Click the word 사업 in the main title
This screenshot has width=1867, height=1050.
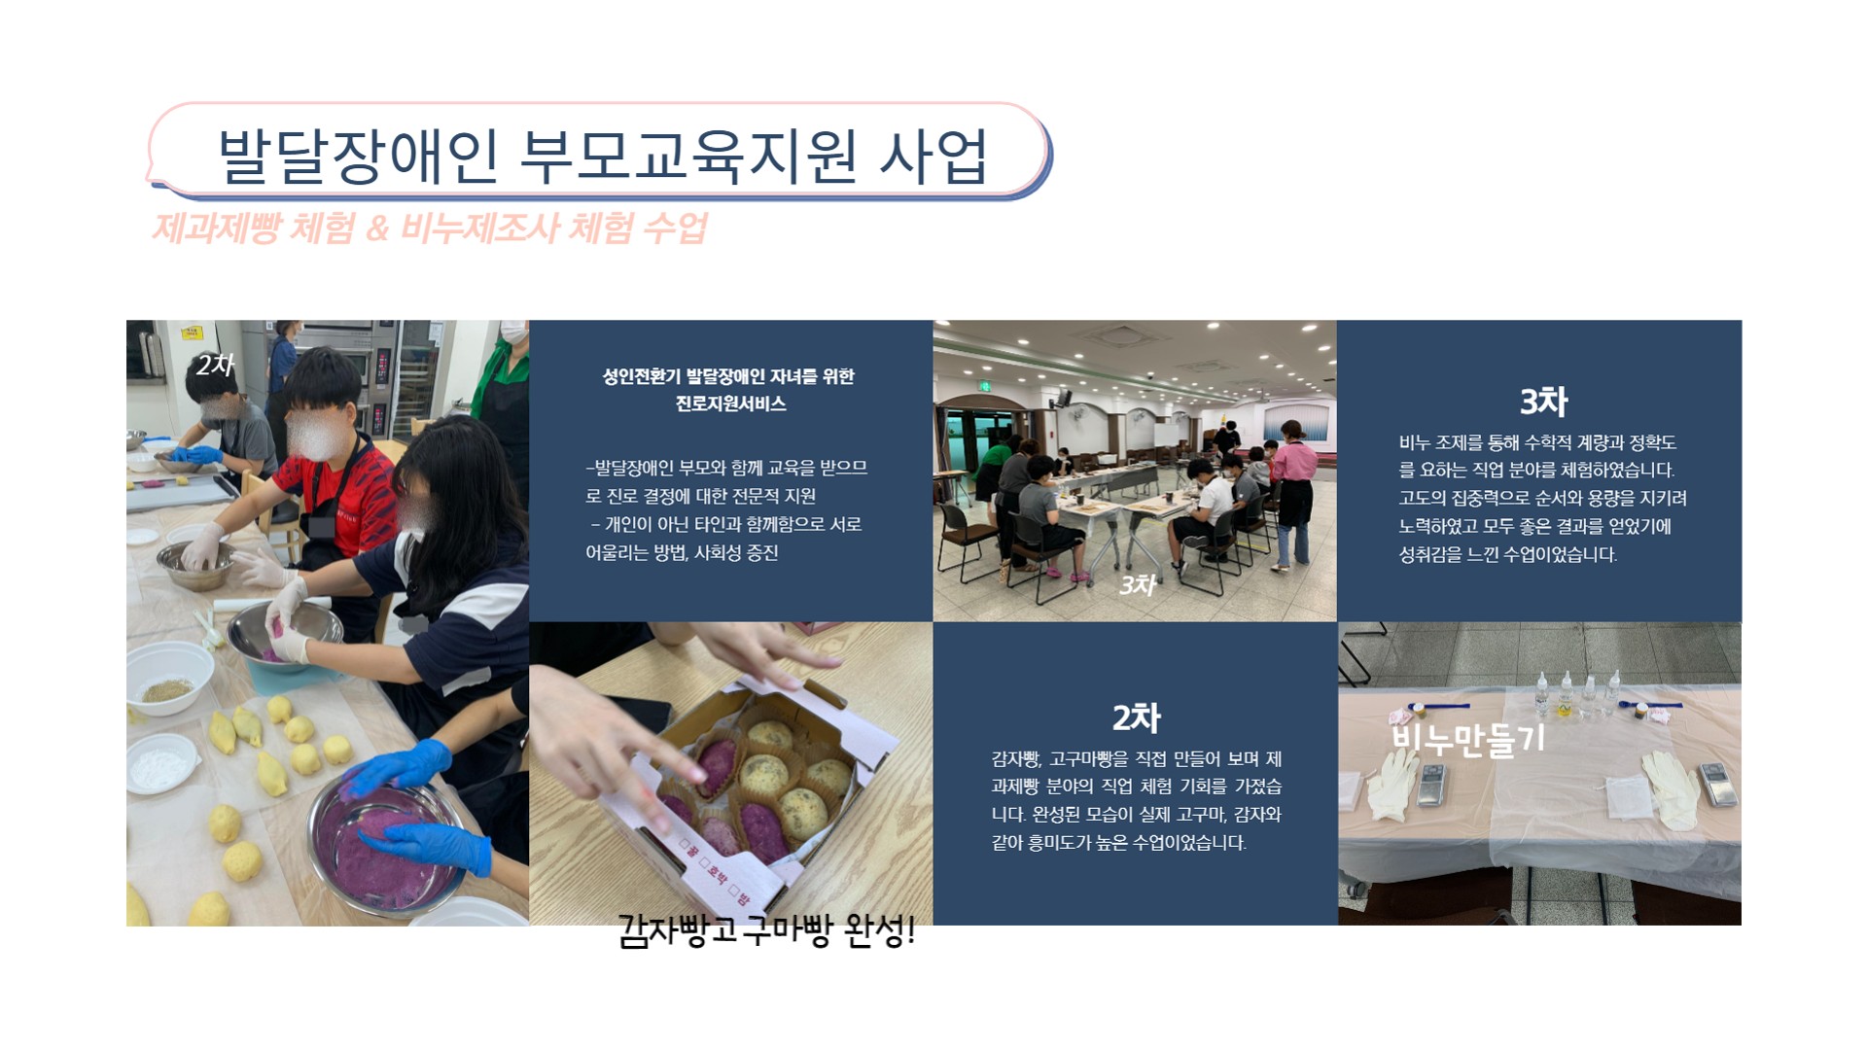coord(933,156)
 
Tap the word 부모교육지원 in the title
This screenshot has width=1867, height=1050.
coord(688,156)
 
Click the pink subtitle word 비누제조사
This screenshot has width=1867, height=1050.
coord(479,228)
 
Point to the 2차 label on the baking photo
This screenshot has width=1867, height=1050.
coord(215,365)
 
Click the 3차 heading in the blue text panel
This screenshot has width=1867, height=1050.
coord(1543,401)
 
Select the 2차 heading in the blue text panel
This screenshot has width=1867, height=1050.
coord(1136,717)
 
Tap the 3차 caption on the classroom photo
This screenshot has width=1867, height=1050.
coord(1137,584)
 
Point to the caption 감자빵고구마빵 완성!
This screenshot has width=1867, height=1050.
coord(766,931)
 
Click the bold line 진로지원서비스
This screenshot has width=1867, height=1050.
coord(730,403)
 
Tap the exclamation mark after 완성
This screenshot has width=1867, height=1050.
coord(910,931)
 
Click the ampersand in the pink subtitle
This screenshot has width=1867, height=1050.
coord(377,229)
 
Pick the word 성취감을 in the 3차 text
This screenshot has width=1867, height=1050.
coord(1430,554)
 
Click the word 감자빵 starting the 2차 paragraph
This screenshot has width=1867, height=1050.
coord(1017,758)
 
